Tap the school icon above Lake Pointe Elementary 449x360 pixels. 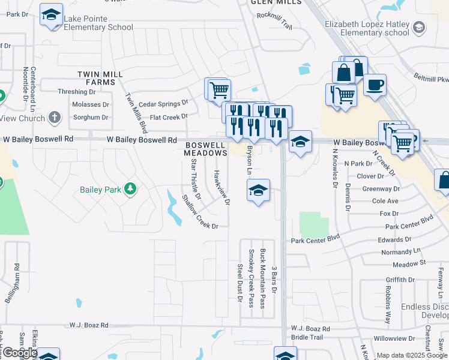pyautogui.click(x=52, y=14)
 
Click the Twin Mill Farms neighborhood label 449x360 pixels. pyautogui.click(x=100, y=77)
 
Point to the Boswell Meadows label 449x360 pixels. pyautogui.click(x=205, y=149)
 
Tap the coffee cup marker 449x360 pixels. pyautogui.click(x=375, y=85)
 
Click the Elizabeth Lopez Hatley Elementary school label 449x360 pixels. pyautogui.click(x=367, y=28)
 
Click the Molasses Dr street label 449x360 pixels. pyautogui.click(x=90, y=104)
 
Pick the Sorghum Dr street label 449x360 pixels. pyautogui.click(x=90, y=118)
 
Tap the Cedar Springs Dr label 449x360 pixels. pyautogui.click(x=163, y=103)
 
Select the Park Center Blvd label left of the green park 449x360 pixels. pyautogui.click(x=315, y=240)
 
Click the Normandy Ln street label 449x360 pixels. pyautogui.click(x=402, y=252)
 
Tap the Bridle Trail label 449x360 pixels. pyautogui.click(x=307, y=337)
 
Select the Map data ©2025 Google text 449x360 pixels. pyautogui.click(x=412, y=355)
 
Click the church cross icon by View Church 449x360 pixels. pyautogui.click(x=55, y=118)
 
